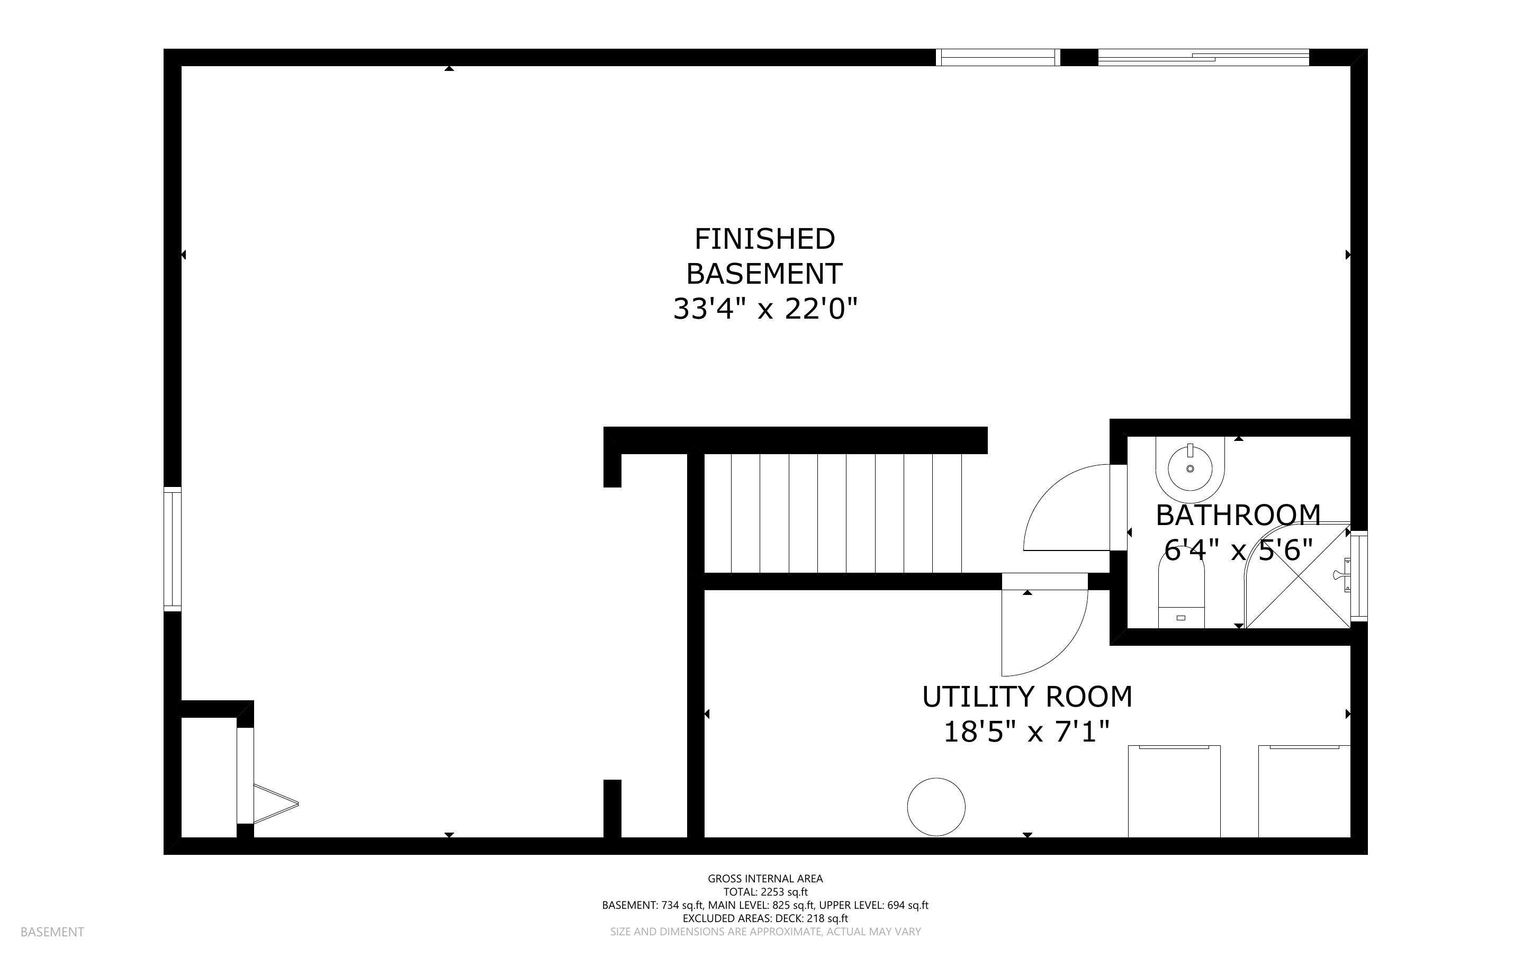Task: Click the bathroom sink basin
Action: (x=1189, y=468)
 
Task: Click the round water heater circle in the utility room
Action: (x=936, y=806)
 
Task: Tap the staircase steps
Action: (x=845, y=513)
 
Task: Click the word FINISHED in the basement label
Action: (x=764, y=239)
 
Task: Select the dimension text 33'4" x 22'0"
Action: (x=764, y=310)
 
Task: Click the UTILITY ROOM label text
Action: (x=1026, y=697)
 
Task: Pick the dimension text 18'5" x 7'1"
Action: (x=1026, y=733)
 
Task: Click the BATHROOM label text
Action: (x=1238, y=515)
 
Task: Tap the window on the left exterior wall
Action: (x=172, y=549)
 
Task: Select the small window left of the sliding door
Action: (x=997, y=58)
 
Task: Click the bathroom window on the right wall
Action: (x=1358, y=576)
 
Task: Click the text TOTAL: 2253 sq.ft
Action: (x=765, y=892)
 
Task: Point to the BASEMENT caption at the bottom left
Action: (x=52, y=932)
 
